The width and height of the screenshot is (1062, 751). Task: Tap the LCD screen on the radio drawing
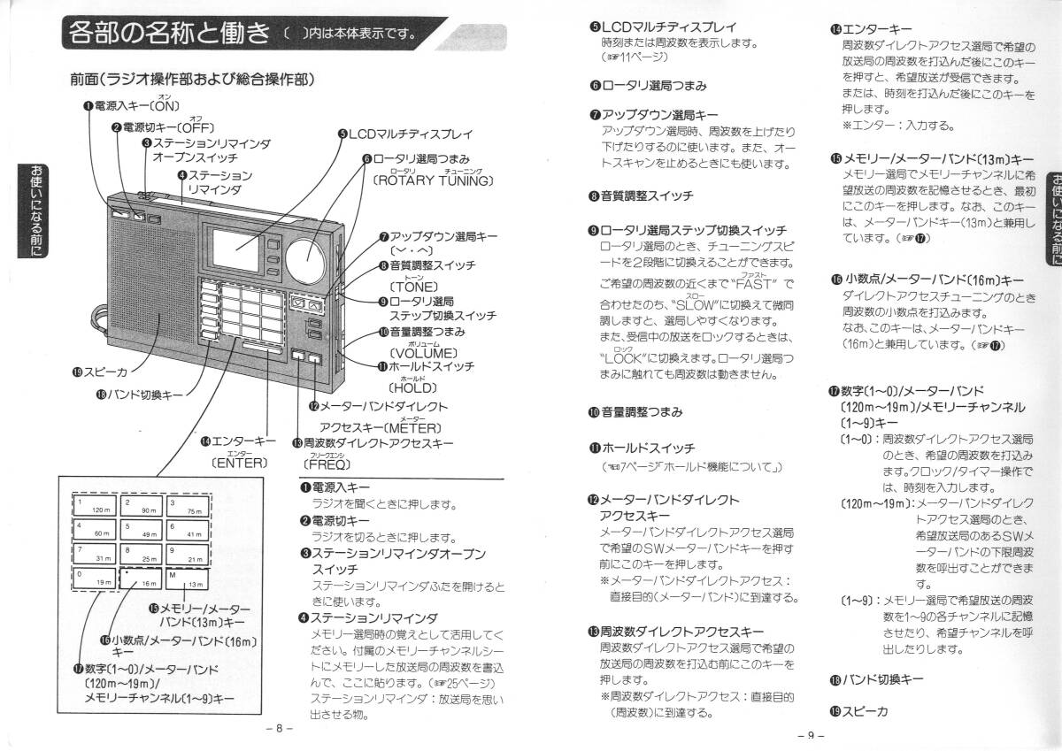click(232, 249)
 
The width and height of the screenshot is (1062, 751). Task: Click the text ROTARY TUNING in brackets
click(432, 181)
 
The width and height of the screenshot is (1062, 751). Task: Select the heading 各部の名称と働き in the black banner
click(168, 35)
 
